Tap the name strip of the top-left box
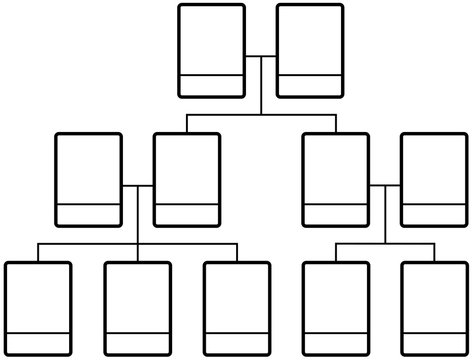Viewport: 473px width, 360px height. click(x=211, y=85)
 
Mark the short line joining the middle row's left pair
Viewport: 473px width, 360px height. click(x=137, y=186)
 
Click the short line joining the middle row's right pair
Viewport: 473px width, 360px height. click(x=385, y=186)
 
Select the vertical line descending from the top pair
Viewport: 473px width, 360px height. click(x=260, y=90)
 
